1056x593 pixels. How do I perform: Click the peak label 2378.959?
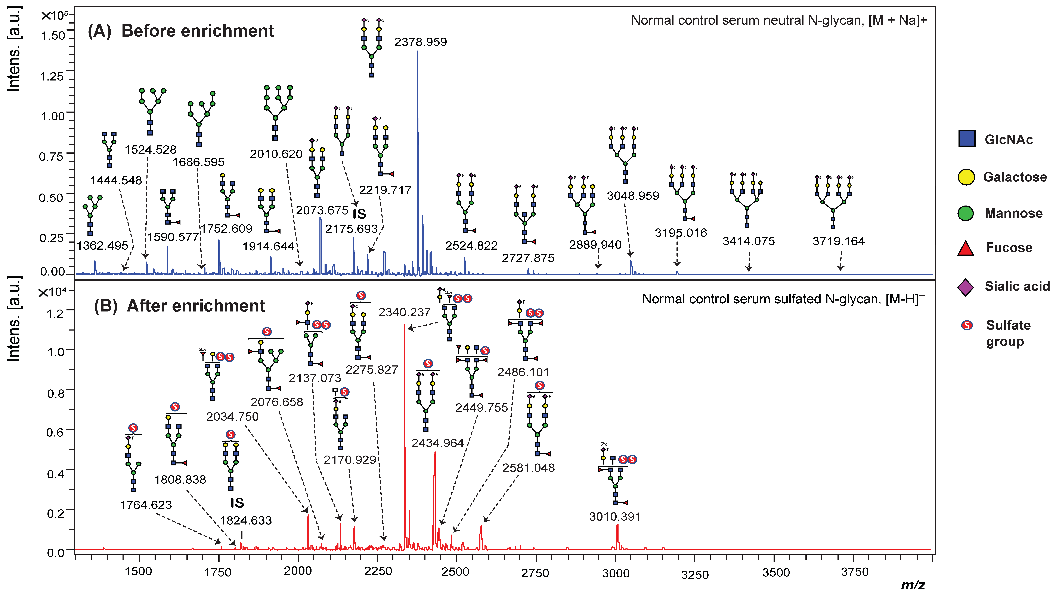pos(421,42)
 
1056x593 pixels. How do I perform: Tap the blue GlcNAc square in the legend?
pos(967,139)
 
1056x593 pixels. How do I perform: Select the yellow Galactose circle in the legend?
pos(966,177)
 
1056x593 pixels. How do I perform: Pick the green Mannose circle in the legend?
pos(966,213)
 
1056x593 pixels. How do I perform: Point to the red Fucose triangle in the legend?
pos(966,249)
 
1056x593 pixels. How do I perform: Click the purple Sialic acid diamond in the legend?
pos(966,287)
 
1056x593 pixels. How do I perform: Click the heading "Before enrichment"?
pos(198,31)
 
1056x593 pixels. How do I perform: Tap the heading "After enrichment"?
pos(196,306)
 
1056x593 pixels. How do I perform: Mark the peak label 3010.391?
pos(615,517)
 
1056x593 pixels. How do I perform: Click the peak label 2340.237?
pos(404,313)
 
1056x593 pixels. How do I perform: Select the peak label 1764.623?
pos(146,505)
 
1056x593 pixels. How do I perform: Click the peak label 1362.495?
pos(102,246)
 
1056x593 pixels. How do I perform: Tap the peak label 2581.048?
pos(528,468)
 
